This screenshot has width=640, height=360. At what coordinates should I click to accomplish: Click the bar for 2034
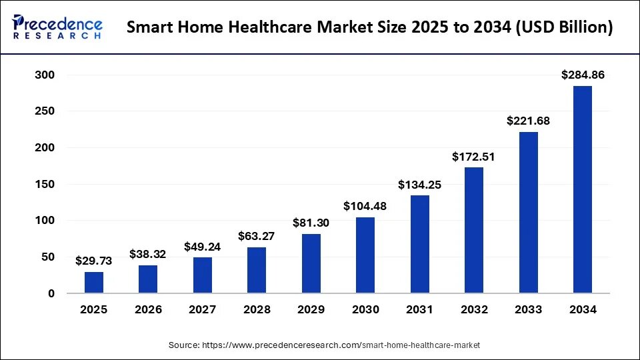point(582,189)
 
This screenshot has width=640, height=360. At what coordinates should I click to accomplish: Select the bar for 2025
point(94,282)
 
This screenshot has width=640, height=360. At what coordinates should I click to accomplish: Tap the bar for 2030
point(365,255)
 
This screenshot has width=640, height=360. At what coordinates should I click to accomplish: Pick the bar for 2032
point(474,230)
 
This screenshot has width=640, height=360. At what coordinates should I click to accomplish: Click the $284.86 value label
point(582,75)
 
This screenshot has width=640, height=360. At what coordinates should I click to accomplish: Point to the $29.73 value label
point(94,261)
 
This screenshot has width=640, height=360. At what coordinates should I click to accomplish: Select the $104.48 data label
point(365,207)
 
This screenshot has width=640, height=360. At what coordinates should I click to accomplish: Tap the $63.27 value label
point(257,237)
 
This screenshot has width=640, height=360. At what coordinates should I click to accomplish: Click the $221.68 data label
point(528,121)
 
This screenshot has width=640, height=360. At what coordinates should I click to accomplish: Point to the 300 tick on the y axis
point(44,75)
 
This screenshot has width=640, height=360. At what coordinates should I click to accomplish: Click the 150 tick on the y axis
point(44,185)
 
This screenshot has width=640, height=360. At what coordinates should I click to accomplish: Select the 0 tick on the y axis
point(51,293)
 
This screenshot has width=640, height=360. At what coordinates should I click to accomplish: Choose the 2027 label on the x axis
point(203,310)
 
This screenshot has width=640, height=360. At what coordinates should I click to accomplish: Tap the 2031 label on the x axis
point(419,310)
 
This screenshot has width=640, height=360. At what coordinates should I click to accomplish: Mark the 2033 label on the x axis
point(528,310)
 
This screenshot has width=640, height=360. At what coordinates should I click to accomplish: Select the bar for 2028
point(257,270)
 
